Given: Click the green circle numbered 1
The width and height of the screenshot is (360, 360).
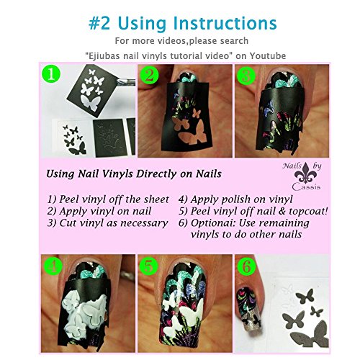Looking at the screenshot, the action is click(51, 75).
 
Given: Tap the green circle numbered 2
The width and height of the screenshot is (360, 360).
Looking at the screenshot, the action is click(150, 75).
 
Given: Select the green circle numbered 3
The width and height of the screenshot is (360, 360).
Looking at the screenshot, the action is click(246, 75).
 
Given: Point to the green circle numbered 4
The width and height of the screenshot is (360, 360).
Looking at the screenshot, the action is click(53, 266).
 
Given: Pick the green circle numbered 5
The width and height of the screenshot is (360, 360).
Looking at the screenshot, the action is click(149, 266).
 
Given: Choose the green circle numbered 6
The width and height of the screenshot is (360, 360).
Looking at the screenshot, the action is click(246, 266).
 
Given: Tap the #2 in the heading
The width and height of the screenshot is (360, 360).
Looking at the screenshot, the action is click(99, 24).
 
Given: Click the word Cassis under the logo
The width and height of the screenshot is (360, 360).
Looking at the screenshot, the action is click(306, 186).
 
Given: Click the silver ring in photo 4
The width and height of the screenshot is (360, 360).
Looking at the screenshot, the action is click(127, 275).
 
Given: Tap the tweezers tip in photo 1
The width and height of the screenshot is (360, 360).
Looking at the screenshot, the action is click(118, 82).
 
